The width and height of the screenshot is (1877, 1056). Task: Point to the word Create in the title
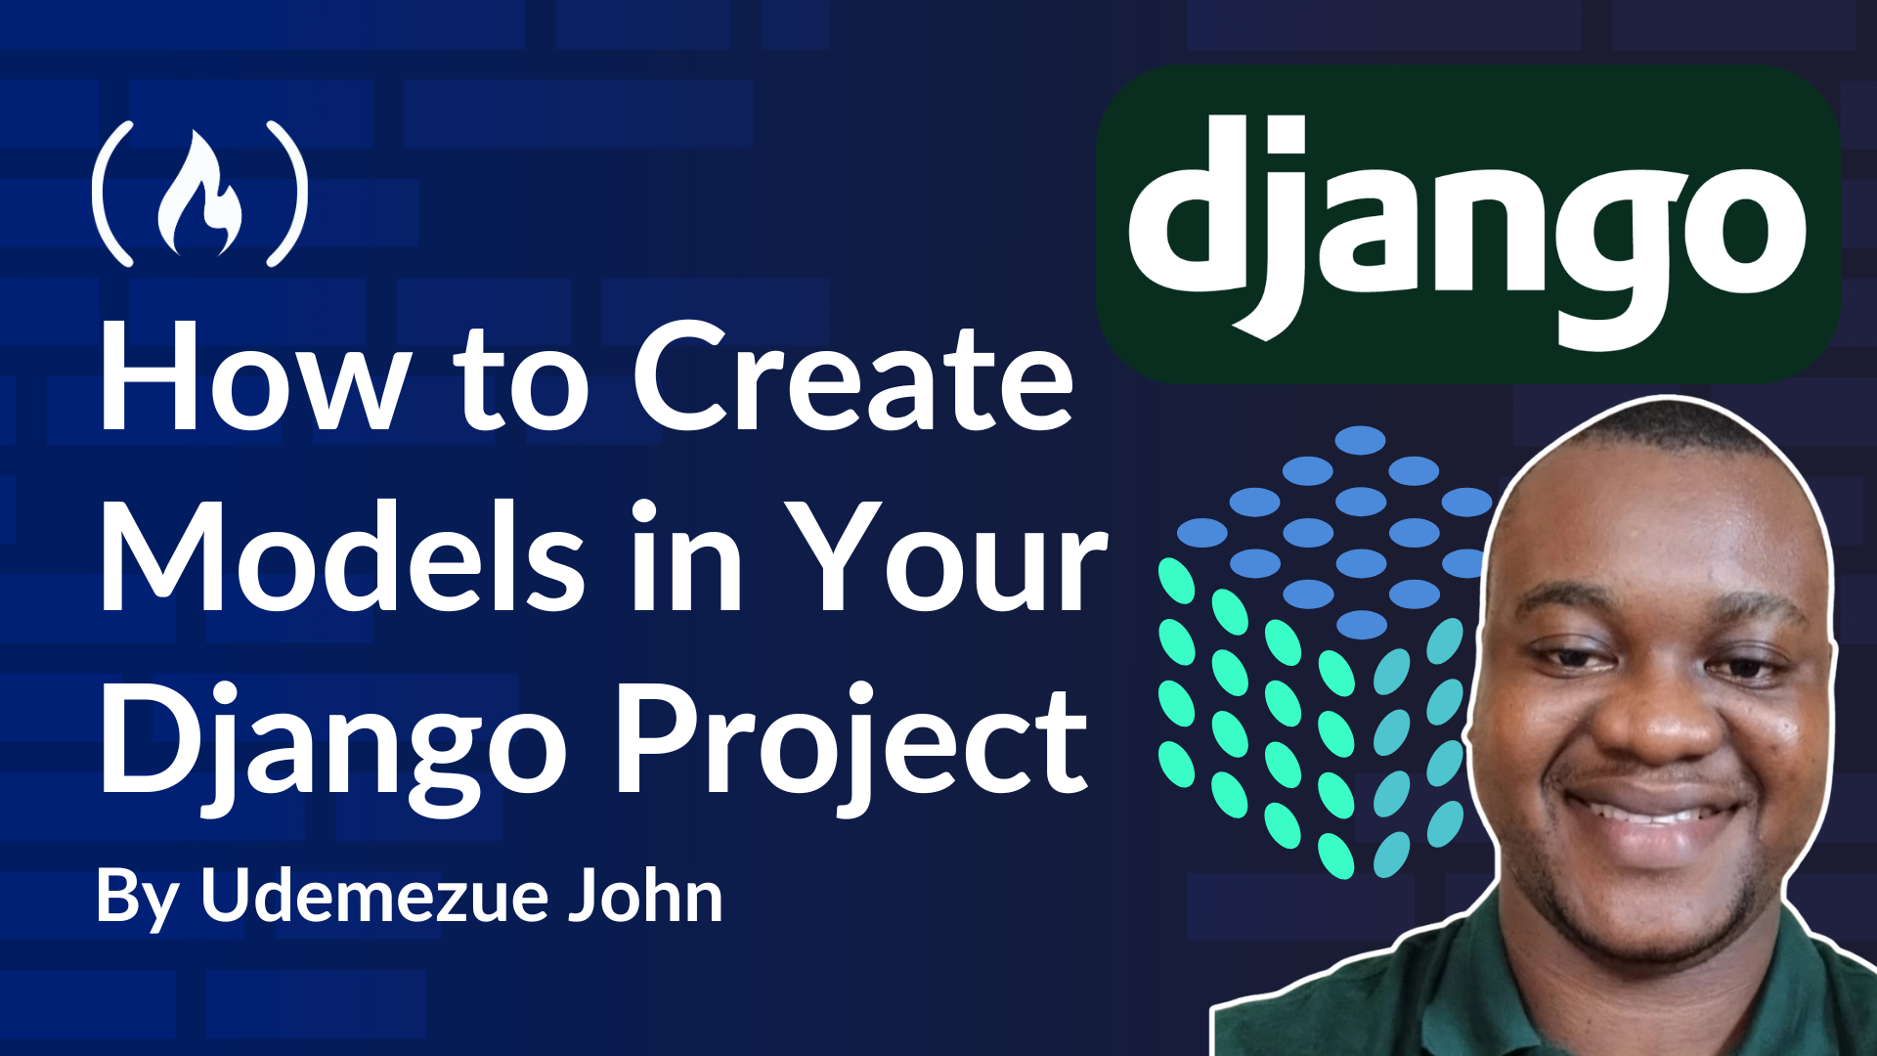853,377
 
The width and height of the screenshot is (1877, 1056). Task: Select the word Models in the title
342,555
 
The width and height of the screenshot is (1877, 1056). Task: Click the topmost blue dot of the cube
1360,440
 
